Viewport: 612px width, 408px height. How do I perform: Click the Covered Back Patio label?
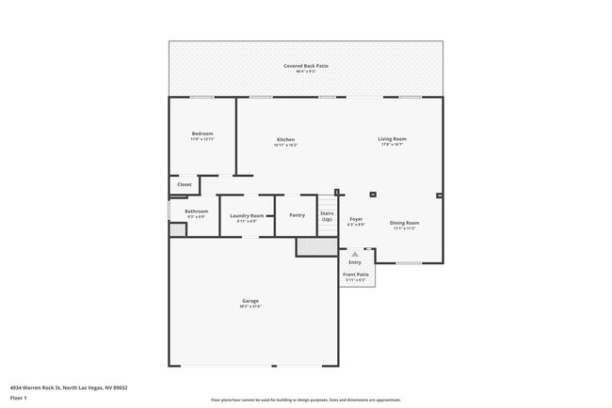[305, 66]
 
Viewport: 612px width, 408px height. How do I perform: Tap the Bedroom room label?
[202, 133]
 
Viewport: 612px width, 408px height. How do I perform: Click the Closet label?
[185, 184]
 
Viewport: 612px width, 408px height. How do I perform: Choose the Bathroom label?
[196, 212]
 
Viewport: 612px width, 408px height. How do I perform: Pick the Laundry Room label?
[247, 216]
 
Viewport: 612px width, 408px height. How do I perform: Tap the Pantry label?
[297, 215]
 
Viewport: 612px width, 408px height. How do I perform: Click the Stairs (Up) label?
[327, 216]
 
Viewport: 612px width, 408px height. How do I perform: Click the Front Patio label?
[356, 275]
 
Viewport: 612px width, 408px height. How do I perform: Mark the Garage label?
[250, 302]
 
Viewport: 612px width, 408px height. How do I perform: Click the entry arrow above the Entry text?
[355, 254]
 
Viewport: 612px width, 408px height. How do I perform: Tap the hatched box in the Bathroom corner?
[179, 228]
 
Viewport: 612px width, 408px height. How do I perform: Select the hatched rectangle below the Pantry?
[310, 246]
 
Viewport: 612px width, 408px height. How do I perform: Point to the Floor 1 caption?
[19, 398]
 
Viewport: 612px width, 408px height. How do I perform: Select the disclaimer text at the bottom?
[305, 400]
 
